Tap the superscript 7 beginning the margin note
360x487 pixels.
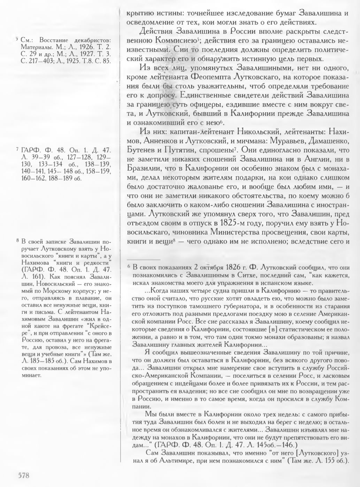coord(17,150)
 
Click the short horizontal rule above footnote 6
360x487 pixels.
coord(143,260)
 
